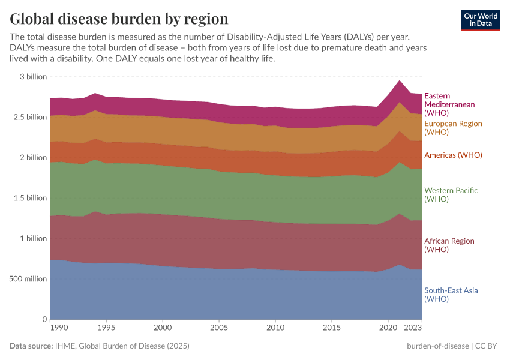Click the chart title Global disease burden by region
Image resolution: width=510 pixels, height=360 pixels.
(119, 18)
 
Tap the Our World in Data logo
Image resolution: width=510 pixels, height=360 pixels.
(481, 20)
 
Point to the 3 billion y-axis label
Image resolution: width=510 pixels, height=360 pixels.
(33, 77)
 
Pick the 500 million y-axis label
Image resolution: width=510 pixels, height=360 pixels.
(28, 279)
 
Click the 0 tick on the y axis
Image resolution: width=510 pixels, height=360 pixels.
(44, 319)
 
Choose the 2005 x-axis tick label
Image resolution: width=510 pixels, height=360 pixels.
(219, 328)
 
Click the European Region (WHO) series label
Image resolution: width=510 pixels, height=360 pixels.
(452, 127)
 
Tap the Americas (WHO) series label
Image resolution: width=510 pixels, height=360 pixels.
(452, 155)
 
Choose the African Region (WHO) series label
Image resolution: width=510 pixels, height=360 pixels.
(449, 245)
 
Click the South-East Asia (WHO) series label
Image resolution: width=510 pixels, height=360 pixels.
(451, 294)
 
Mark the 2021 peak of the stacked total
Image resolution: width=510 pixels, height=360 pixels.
(400, 80)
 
